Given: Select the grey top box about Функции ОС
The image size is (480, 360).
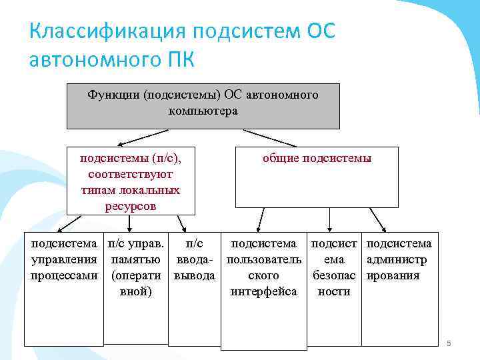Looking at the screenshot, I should (203, 105).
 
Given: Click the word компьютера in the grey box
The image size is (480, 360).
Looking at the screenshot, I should (203, 111).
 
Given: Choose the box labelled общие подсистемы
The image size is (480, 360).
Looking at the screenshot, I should (317, 177).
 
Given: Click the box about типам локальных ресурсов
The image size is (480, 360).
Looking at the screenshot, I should (131, 181).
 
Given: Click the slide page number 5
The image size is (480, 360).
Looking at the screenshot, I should (449, 343).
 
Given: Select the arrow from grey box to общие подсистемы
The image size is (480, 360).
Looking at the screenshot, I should (270, 138).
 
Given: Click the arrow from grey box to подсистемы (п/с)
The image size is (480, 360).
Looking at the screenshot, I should (143, 138).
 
